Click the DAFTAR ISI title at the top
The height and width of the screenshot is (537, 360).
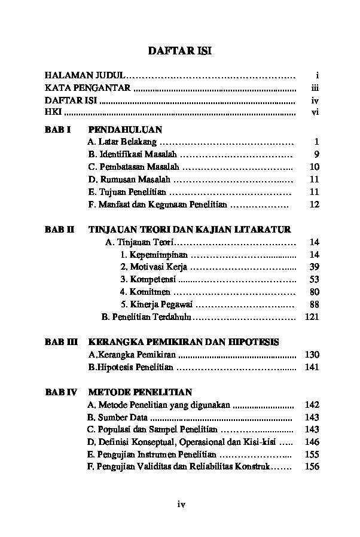coord(179,51)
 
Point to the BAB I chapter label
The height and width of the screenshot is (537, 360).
coord(58,129)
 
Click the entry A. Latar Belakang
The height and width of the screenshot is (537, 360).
coord(122,142)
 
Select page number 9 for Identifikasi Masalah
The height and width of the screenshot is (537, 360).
coord(316,154)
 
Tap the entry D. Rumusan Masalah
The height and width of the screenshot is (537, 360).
coord(129,179)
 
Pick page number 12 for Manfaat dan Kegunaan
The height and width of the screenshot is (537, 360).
coord(315,205)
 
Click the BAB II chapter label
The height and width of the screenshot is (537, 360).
coord(59,229)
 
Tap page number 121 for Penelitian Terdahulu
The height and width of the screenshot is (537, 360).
coord(312,317)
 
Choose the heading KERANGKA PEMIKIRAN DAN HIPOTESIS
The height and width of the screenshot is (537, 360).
coord(183,342)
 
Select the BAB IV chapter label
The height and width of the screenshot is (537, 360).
coord(61,392)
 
